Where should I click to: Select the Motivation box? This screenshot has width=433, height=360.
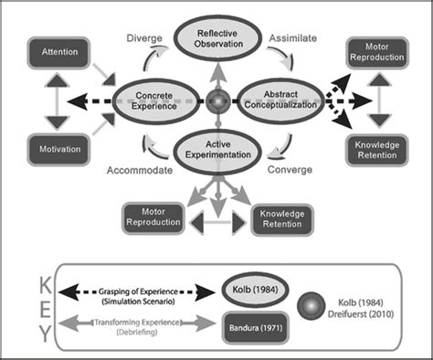point(57,148)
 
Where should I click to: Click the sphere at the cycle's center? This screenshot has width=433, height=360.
point(216,100)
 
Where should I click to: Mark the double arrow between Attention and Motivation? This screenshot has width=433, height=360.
point(58,101)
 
